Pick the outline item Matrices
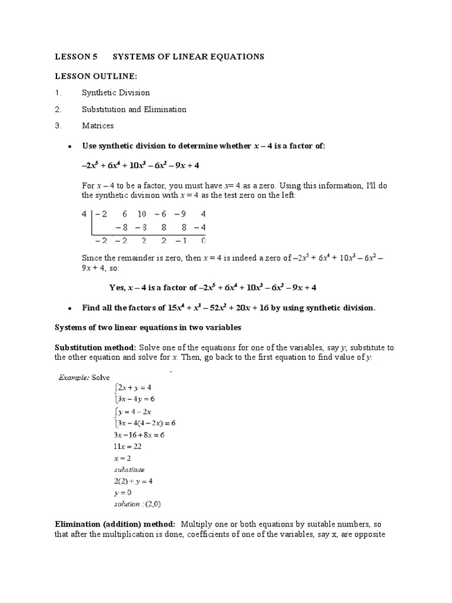click(x=98, y=125)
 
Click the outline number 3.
click(x=58, y=125)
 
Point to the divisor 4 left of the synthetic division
click(x=84, y=215)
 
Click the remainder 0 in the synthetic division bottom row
click(x=203, y=240)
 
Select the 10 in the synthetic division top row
click(x=142, y=215)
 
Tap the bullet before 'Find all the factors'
click(x=70, y=308)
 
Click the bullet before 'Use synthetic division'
click(x=70, y=146)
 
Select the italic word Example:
click(x=73, y=377)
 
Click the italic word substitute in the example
click(x=129, y=469)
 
